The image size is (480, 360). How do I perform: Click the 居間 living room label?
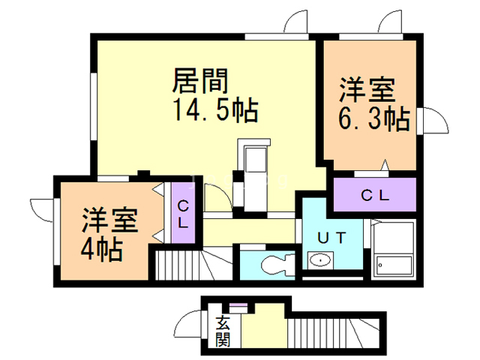[x=200, y=79]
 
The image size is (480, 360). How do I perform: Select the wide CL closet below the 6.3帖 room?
[x=374, y=196]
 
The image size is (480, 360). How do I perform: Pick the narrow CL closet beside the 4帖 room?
[x=182, y=214]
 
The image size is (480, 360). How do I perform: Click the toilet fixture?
[x=274, y=265]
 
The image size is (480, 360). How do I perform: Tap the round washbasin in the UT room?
[x=321, y=262]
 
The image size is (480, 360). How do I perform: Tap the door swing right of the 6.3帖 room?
[x=433, y=119]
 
